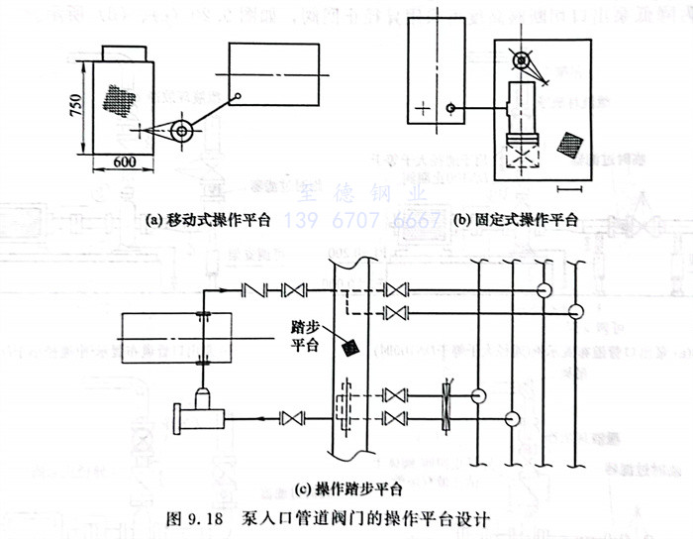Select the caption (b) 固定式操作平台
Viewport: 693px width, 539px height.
(515, 219)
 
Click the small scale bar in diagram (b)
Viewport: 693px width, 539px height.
(569, 185)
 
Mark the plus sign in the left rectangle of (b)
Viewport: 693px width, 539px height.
(425, 108)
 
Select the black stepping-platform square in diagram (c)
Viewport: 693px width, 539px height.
(347, 348)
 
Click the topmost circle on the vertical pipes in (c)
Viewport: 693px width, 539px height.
(544, 289)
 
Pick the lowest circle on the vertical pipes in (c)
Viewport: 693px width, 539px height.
(512, 419)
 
